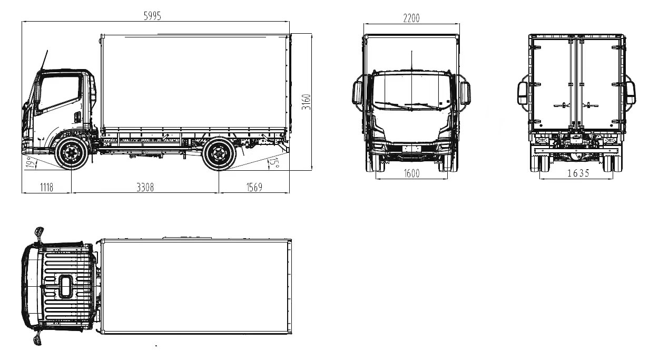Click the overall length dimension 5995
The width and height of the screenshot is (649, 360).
point(152,16)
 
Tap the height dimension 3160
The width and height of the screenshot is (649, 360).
point(306,102)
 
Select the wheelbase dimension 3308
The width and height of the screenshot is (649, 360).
point(145,187)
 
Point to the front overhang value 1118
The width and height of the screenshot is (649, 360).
point(47,187)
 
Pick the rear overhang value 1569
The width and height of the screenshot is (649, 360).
point(254,187)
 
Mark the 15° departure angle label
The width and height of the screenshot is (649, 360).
point(273,163)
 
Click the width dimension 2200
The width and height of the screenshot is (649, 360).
point(411,18)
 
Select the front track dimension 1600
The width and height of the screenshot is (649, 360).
point(411,173)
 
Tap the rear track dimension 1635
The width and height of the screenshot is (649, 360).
point(578,173)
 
